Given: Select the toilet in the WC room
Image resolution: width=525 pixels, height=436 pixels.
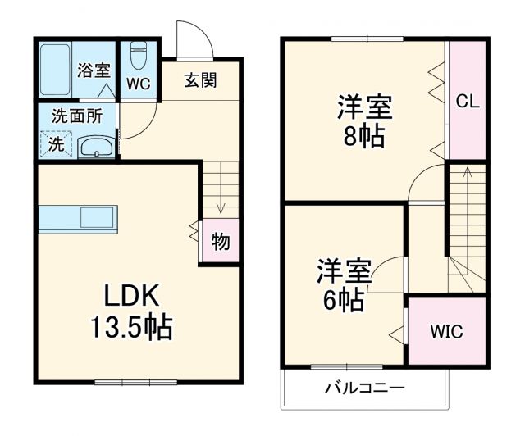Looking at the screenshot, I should (x=138, y=57).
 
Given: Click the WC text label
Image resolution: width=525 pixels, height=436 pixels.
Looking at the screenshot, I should (x=138, y=84).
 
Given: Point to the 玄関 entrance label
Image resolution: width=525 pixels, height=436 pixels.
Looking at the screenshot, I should (x=199, y=81).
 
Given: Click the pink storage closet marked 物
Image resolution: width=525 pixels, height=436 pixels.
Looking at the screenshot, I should (x=220, y=242).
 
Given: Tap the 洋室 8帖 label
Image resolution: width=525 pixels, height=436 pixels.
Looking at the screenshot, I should (x=364, y=120).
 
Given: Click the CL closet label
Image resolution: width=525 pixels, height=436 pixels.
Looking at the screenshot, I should (x=468, y=102).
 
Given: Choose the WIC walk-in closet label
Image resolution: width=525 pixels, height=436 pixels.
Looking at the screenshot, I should (x=447, y=332).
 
